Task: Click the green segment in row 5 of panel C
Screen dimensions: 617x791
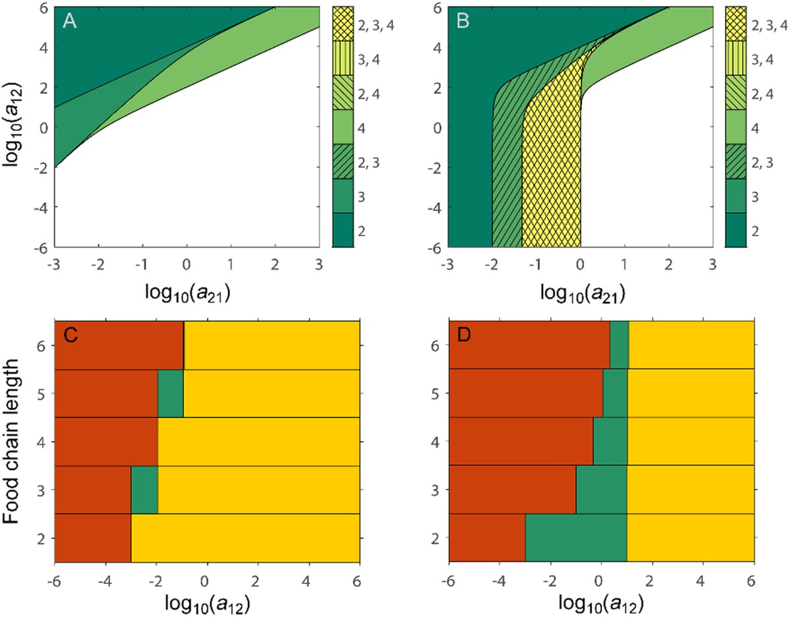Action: tap(171, 394)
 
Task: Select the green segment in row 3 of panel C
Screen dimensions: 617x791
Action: tap(144, 489)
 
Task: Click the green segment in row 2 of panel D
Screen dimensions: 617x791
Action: tap(575, 537)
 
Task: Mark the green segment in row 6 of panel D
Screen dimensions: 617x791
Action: tap(619, 345)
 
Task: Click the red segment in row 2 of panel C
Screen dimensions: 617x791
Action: tap(92, 537)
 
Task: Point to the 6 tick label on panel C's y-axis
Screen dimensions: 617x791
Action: tap(42, 345)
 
